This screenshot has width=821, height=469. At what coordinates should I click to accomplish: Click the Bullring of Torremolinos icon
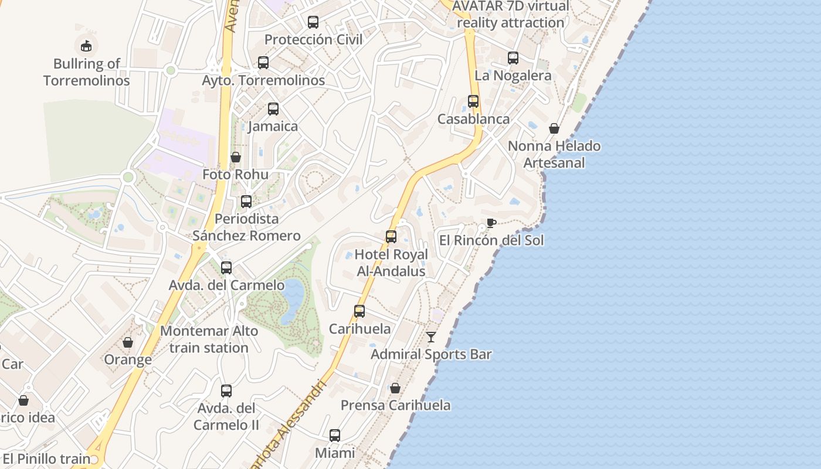click(x=86, y=45)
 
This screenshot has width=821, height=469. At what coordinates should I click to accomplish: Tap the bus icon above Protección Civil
click(x=313, y=22)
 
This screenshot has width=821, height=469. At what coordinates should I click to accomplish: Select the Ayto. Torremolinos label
click(x=263, y=80)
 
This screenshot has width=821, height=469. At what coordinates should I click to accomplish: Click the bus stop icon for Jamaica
click(x=273, y=108)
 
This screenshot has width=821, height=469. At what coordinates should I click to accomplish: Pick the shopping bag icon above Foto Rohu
click(x=235, y=157)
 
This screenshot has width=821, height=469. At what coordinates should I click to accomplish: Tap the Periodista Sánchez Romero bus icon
click(x=246, y=201)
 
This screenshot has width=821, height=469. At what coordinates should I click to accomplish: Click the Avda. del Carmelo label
click(x=226, y=286)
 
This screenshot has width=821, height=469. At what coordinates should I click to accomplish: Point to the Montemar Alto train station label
click(x=209, y=339)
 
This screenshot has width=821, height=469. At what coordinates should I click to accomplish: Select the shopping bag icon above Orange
click(x=128, y=342)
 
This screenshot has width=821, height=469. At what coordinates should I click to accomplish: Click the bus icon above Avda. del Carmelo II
click(x=226, y=390)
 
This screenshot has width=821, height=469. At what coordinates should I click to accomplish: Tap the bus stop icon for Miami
click(x=335, y=435)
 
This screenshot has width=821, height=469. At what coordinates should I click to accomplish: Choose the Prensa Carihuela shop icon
click(x=395, y=388)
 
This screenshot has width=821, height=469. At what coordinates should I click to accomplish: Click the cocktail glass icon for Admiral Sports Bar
click(x=431, y=337)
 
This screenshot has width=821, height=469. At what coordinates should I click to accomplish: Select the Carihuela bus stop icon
click(x=359, y=311)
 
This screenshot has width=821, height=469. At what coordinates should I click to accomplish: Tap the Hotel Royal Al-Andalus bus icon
click(x=391, y=236)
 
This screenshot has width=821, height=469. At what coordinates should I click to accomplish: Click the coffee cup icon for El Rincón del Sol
click(x=491, y=223)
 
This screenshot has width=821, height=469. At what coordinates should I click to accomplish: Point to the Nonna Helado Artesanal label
click(x=554, y=154)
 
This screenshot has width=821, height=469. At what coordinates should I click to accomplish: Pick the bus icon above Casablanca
click(x=473, y=101)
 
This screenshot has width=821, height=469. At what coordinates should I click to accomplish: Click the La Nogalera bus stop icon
click(x=513, y=57)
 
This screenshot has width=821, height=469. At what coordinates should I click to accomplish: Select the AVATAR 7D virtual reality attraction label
click(x=510, y=14)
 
